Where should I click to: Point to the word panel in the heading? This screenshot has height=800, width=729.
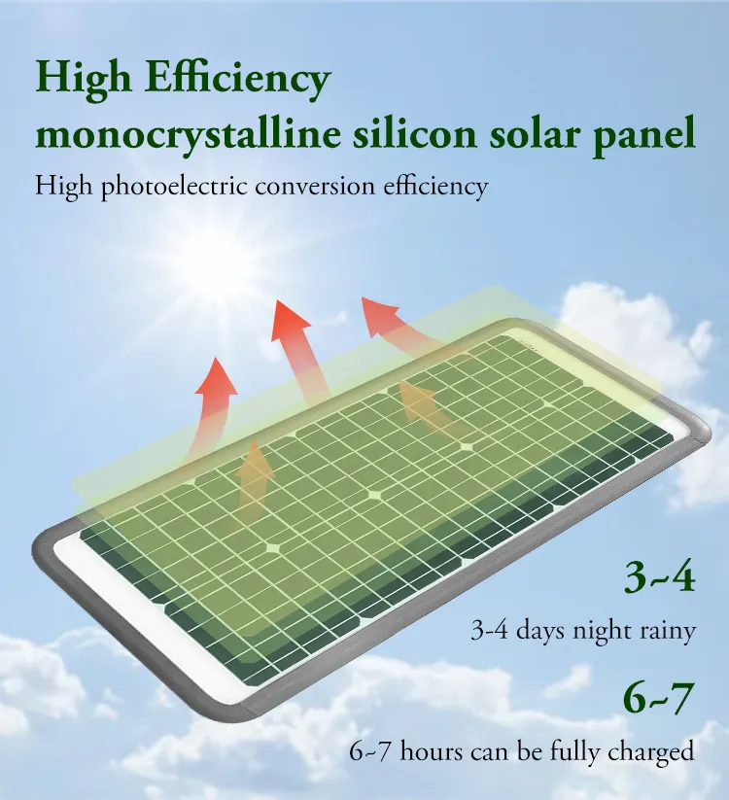pyautogui.click(x=644, y=135)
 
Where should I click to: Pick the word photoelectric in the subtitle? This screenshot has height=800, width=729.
pyautogui.click(x=174, y=187)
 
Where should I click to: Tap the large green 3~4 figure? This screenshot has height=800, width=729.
pyautogui.click(x=660, y=577)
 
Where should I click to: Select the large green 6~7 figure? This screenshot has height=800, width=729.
pyautogui.click(x=659, y=698)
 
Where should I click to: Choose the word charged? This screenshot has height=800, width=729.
pyautogui.click(x=651, y=752)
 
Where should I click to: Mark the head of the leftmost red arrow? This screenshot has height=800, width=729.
pyautogui.click(x=217, y=376)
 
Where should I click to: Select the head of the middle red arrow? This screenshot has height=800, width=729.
pyautogui.click(x=289, y=321)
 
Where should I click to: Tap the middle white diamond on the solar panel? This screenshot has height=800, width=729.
pyautogui.click(x=373, y=494)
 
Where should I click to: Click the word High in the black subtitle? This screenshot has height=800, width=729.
pyautogui.click(x=64, y=187)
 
